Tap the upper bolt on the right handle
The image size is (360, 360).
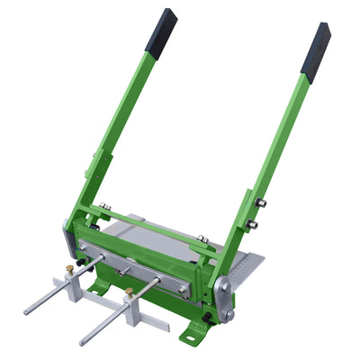[x=261, y=202]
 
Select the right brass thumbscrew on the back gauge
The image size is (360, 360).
[x=130, y=293]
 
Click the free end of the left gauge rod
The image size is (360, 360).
[x=28, y=310]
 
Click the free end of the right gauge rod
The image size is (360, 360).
[x=83, y=342]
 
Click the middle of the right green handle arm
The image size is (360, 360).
[x=279, y=144]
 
